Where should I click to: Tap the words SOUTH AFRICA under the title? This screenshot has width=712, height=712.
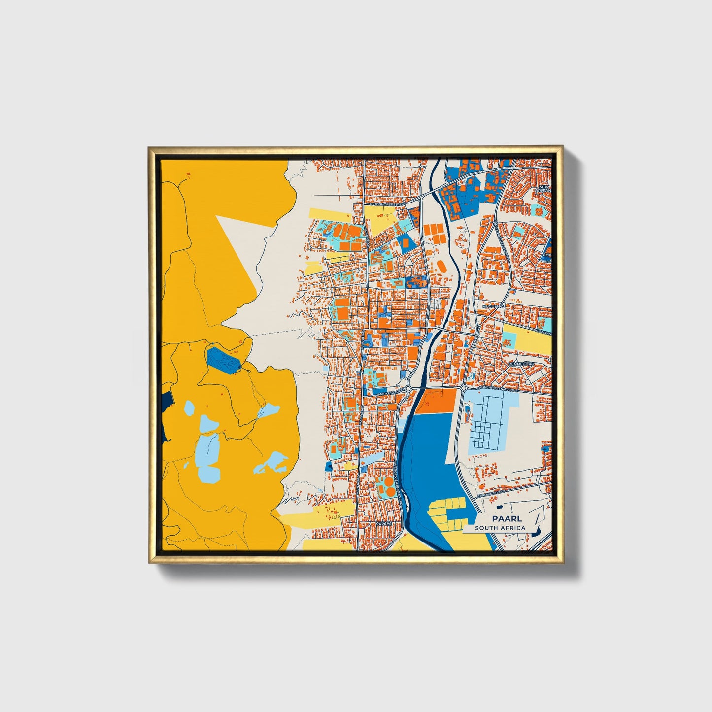pyautogui.click(x=500, y=528)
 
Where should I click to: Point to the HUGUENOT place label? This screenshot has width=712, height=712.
pyautogui.click(x=494, y=306)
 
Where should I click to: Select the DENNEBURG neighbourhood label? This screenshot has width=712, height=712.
pyautogui.click(x=521, y=364)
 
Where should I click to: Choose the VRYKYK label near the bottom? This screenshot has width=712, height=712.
pyautogui.click(x=384, y=524)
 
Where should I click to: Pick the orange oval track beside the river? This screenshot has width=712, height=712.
pyautogui.click(x=441, y=268)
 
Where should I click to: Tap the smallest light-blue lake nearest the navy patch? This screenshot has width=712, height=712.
pyautogui.click(x=189, y=407)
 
